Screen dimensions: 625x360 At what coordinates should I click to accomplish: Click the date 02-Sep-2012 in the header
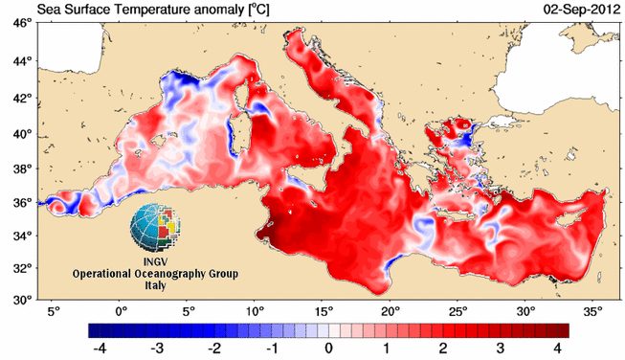581,10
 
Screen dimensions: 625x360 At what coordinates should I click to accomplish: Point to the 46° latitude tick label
24,24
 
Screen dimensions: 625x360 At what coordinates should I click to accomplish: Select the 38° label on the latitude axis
24,169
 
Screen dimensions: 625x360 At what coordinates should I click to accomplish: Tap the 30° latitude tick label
24,300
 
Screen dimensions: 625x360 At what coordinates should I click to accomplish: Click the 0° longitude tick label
122,311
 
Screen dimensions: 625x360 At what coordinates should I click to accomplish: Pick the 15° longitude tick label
324,311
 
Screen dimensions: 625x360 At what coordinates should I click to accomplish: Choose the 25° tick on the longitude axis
458,311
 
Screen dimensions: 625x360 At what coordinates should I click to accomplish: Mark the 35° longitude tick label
593,311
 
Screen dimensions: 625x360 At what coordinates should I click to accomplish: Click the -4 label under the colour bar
100,349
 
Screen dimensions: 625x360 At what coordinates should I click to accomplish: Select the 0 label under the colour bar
328,349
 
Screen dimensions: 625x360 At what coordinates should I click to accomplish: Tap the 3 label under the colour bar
501,349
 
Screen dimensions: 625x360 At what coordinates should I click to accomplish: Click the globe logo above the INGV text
155,227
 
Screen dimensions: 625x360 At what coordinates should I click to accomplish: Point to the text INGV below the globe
155,262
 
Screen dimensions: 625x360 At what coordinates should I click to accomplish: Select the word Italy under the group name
155,286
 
